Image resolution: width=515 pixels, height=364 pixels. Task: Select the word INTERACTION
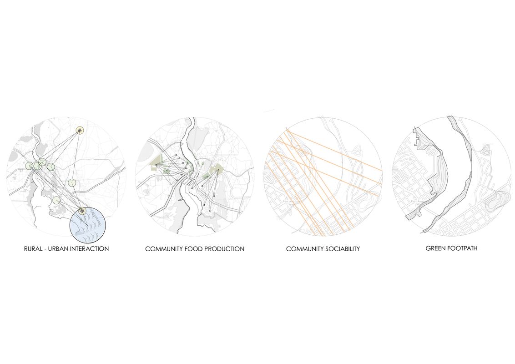click(x=91, y=249)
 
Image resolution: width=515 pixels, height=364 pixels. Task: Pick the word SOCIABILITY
click(x=342, y=249)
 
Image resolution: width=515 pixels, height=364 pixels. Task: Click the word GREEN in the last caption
click(x=436, y=248)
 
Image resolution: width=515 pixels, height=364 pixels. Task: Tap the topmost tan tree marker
click(x=80, y=131)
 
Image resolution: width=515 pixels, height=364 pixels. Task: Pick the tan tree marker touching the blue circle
click(x=81, y=210)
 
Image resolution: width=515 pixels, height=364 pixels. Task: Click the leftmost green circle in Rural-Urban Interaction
click(x=30, y=165)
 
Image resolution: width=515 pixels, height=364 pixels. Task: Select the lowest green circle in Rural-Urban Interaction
click(x=56, y=200)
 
